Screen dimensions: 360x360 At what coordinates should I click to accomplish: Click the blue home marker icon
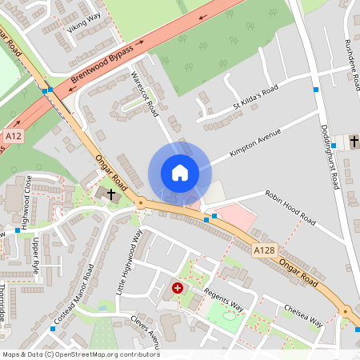coord(179,172)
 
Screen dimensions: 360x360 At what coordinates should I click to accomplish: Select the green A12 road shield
coord(12,137)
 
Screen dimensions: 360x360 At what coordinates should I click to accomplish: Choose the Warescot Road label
coord(144,94)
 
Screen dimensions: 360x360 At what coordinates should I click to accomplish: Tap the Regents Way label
coord(222,296)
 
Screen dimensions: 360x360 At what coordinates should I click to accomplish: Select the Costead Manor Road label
coord(74,298)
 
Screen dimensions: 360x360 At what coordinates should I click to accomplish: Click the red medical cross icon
coord(178,286)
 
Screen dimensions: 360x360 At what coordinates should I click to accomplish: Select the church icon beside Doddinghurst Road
coord(354,142)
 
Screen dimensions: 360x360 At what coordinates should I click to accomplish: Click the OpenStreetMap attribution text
coord(80,354)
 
